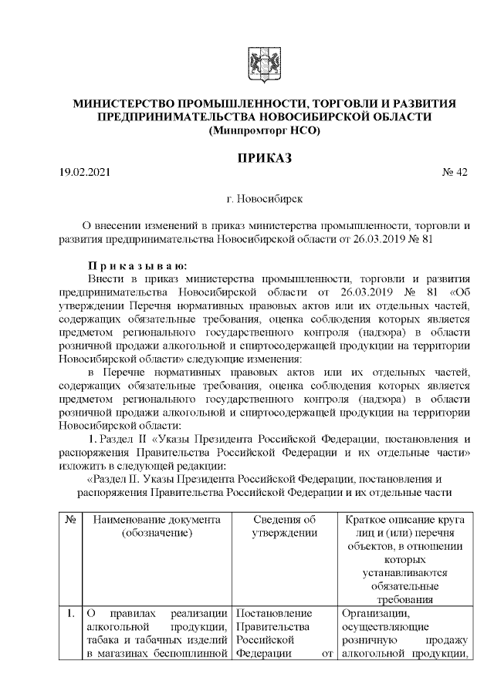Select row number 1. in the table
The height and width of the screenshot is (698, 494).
[70, 614]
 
